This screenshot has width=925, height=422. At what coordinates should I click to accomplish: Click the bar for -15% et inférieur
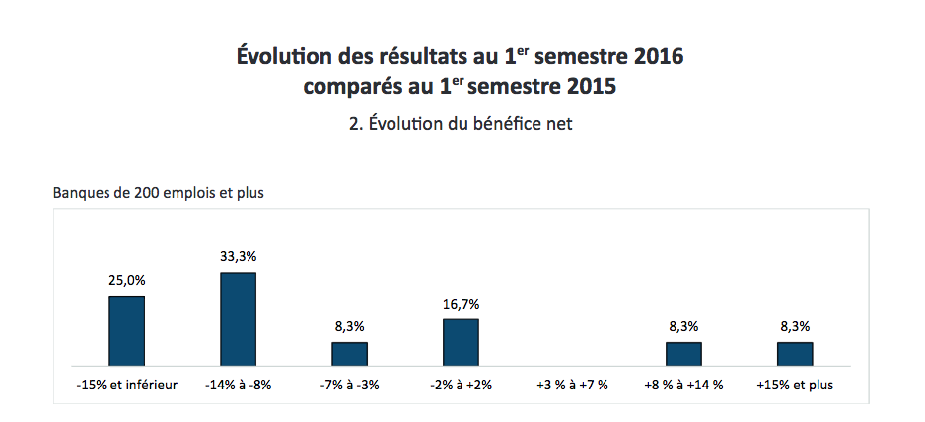click(126, 330)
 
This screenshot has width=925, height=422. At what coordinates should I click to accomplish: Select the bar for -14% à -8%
click(238, 318)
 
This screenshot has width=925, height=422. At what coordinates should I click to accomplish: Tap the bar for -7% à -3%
click(349, 354)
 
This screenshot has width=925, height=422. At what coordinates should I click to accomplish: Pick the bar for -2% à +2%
click(461, 342)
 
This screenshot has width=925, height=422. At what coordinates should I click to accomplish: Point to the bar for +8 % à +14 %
click(683, 354)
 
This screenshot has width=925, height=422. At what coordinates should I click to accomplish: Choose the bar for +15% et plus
click(795, 354)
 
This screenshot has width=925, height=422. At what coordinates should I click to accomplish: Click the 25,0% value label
click(126, 280)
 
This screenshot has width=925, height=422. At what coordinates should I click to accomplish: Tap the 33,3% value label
click(238, 256)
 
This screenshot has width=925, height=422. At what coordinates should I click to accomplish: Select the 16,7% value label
click(461, 304)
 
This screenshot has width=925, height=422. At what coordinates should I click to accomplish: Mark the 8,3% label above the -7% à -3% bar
click(349, 326)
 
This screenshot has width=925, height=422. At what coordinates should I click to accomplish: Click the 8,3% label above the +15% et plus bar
click(795, 326)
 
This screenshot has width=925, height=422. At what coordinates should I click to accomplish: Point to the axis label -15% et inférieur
click(126, 385)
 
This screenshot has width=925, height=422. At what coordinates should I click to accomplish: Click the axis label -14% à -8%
click(238, 385)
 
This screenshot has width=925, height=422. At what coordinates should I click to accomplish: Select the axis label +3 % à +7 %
click(572, 385)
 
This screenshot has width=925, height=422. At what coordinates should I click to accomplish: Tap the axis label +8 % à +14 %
click(683, 385)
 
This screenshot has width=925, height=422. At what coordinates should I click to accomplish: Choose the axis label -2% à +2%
click(461, 385)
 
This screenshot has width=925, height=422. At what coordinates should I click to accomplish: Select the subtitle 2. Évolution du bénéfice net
click(461, 124)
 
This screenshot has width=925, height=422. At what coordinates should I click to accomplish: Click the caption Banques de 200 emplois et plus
click(159, 192)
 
